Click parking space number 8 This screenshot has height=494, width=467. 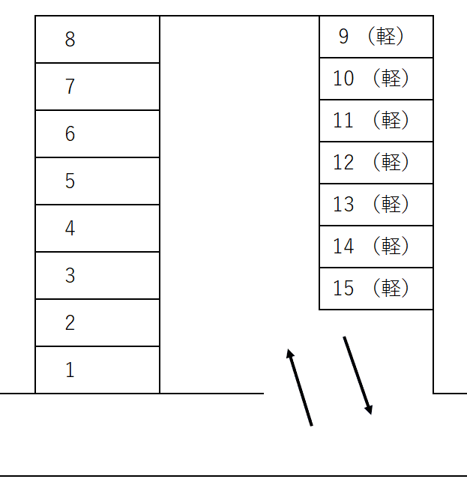(97, 39)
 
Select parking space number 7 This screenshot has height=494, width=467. (97, 86)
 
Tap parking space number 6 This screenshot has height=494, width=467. (97, 133)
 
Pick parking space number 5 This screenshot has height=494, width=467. (97, 181)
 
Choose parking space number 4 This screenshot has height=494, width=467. (97, 228)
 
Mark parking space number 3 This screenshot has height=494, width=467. (97, 275)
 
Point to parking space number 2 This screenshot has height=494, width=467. (97, 322)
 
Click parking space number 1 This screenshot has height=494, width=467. (97, 370)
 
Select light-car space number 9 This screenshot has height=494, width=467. (376, 37)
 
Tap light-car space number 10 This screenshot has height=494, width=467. (376, 79)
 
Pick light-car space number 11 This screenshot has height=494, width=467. (376, 121)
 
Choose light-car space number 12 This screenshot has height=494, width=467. (376, 163)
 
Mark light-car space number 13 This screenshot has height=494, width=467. (376, 205)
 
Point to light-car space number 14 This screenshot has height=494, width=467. (376, 247)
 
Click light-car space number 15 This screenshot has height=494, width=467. (376, 289)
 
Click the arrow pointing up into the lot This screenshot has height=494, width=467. (299, 387)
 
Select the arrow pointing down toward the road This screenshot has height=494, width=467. (358, 376)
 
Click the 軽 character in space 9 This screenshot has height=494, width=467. (386, 37)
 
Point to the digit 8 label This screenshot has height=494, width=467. (70, 39)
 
